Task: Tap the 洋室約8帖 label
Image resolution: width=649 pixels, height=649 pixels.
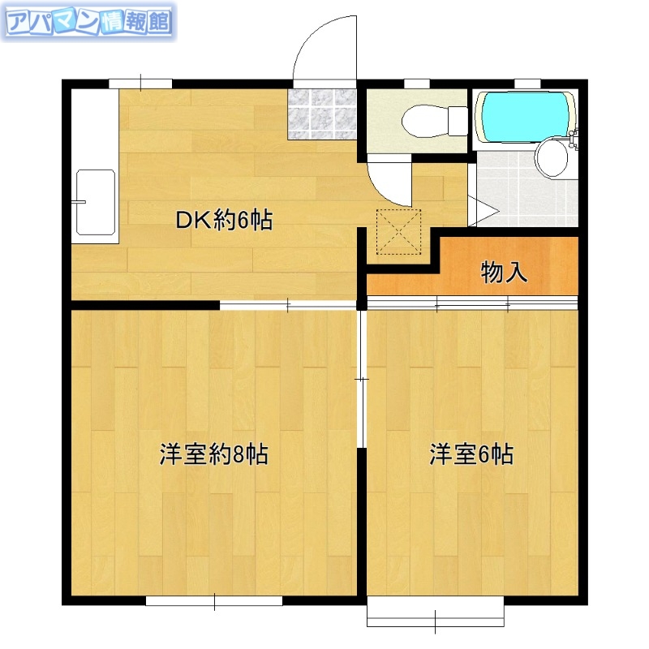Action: pos(213,454)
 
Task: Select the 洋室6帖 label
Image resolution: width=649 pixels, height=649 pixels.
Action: pos(471,454)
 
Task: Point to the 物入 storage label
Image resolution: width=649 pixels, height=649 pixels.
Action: pos(505,273)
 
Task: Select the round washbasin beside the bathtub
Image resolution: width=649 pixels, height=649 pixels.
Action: pos(552,159)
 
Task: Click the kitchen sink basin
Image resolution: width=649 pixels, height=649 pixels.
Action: pos(94,203)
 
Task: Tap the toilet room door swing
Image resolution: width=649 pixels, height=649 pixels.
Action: pos(388,183)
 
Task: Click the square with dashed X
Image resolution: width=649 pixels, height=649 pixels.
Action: pos(399,230)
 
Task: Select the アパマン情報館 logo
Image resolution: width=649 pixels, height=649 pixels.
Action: pos(88,22)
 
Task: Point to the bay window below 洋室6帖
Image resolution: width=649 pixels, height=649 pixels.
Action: pos(436,614)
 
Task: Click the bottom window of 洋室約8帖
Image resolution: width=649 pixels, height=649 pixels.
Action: pos(214,601)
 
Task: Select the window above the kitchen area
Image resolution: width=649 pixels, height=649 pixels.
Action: pos(140,82)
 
